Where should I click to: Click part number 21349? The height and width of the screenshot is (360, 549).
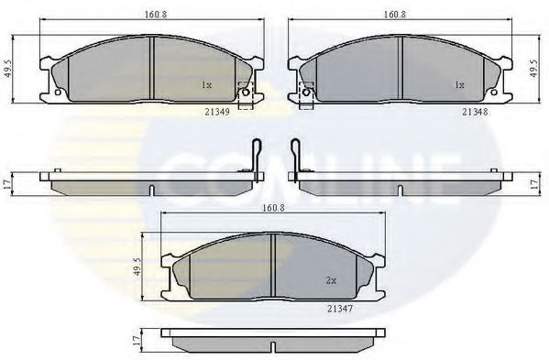tap(217, 112)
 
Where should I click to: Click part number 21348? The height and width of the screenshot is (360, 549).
tap(475, 112)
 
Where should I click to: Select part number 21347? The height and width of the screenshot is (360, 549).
tap(340, 309)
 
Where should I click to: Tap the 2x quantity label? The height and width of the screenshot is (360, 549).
tap(331, 280)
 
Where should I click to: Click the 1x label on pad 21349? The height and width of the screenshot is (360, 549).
tap(206, 85)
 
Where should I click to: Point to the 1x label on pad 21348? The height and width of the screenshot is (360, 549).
tap(459, 85)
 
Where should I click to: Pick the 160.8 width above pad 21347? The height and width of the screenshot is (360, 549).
tap(274, 207)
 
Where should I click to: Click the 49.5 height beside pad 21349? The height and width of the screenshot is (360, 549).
tap(9, 69)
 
